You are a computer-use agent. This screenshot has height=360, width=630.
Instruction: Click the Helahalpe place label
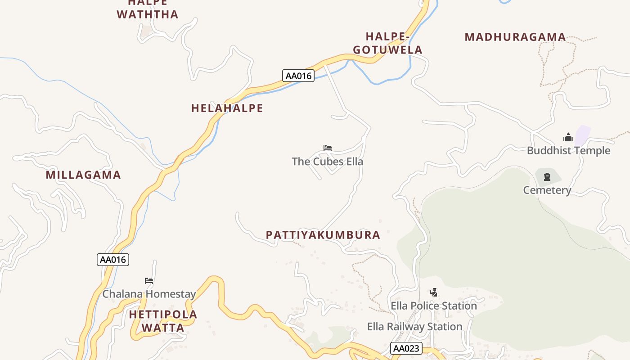[227, 108]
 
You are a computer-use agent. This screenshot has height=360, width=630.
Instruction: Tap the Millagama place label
[83, 175]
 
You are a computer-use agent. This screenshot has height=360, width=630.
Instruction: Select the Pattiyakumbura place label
[323, 235]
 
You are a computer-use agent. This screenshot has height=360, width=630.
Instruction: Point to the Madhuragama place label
[515, 37]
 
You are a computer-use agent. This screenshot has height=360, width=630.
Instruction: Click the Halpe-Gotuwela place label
[387, 43]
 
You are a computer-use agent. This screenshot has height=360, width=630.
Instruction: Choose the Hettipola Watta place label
[163, 321]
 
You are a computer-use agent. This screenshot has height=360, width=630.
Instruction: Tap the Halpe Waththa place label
[148, 9]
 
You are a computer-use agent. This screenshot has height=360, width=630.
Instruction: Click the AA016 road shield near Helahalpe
[298, 76]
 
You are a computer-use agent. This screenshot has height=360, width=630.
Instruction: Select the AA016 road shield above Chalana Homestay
[112, 260]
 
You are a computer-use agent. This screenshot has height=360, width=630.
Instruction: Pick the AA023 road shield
[406, 348]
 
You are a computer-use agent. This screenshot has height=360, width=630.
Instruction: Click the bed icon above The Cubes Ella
[328, 148]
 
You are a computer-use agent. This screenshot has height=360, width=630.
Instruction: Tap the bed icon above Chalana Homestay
[149, 281]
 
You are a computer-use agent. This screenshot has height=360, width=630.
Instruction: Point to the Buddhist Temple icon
[568, 137]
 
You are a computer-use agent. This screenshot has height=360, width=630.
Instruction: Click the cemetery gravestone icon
[547, 177]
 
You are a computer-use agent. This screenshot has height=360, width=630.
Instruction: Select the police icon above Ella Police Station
[433, 292]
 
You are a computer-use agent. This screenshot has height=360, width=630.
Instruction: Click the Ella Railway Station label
[414, 327]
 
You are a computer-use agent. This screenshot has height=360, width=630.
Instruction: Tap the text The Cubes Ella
[327, 162]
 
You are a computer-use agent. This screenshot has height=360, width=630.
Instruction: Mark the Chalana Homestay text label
[149, 294]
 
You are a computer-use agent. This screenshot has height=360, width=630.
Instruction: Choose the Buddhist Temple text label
[568, 151]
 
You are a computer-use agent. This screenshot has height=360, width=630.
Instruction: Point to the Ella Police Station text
[433, 306]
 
